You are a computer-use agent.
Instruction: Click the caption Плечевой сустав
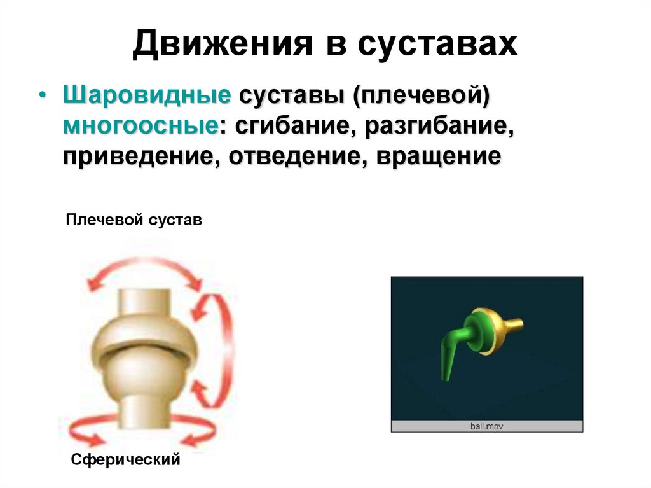[x=134, y=221]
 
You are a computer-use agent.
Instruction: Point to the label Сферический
[x=126, y=459]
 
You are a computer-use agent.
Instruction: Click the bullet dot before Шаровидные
[x=42, y=96]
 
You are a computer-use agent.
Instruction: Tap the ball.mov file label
[x=486, y=426]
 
